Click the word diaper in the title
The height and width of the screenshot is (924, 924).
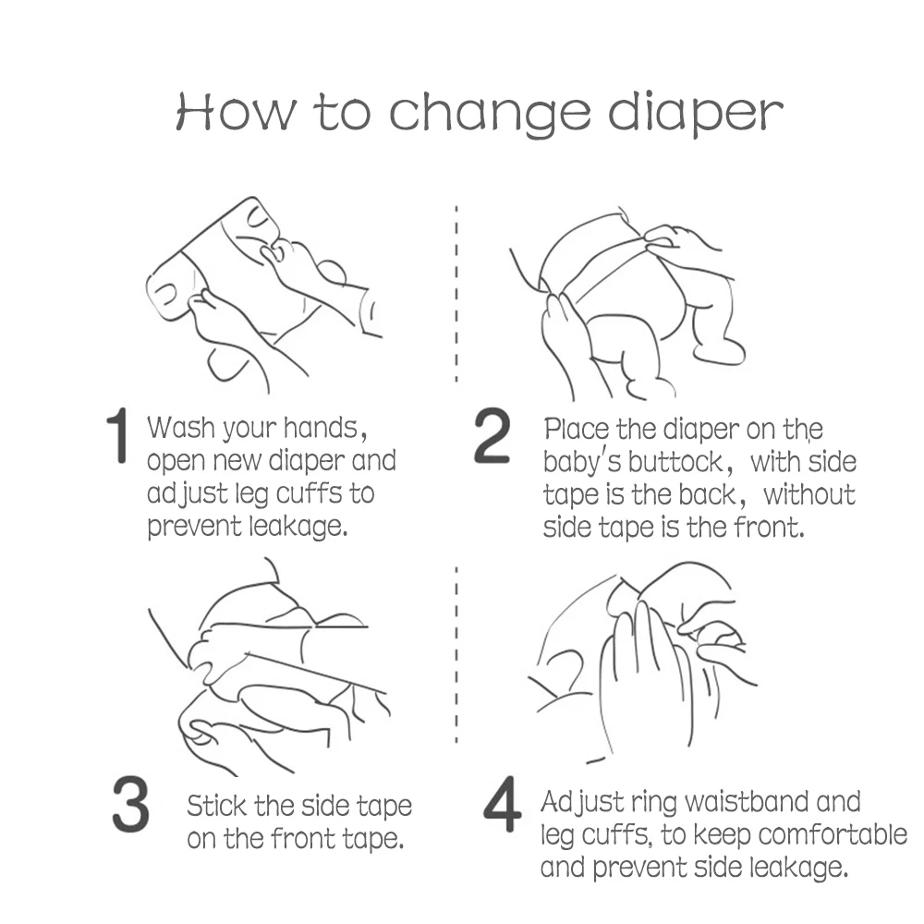pyautogui.click(x=696, y=113)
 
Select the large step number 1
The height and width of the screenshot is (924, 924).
pyautogui.click(x=117, y=435)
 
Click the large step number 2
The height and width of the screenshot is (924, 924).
pyautogui.click(x=492, y=435)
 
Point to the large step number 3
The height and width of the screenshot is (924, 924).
pyautogui.click(x=130, y=805)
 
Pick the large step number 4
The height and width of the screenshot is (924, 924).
pyautogui.click(x=502, y=805)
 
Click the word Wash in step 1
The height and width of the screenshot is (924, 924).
pyautogui.click(x=181, y=427)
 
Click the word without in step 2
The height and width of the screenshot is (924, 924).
pyautogui.click(x=809, y=494)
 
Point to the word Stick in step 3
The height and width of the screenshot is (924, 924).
pyautogui.click(x=217, y=806)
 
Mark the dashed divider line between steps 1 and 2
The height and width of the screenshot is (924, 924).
pyautogui.click(x=456, y=294)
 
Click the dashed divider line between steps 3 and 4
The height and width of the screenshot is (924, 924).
pyautogui.click(x=456, y=654)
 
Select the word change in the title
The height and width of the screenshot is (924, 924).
pyautogui.click(x=490, y=113)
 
